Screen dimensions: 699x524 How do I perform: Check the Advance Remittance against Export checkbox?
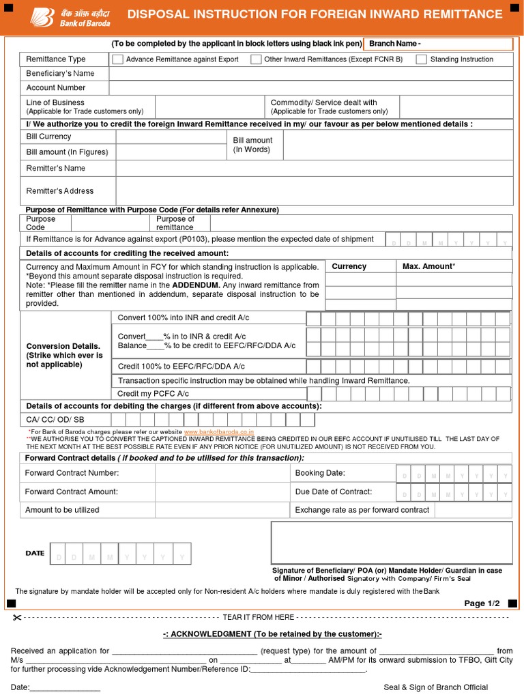point(117,59)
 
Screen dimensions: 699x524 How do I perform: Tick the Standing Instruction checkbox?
point(422,59)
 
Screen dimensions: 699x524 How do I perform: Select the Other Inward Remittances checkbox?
point(256,59)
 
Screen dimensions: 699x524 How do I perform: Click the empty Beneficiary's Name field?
point(310,73)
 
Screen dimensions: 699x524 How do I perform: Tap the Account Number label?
point(56,87)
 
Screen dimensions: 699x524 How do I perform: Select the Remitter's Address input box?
point(315,190)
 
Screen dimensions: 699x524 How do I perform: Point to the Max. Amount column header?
point(428,266)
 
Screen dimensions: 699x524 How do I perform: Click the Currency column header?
point(349,266)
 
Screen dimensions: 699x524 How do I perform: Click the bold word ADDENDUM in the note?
point(196,285)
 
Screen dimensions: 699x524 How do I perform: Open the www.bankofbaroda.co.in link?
point(218,432)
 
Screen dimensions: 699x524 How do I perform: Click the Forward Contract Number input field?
point(212,473)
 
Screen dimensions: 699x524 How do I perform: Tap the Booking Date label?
point(320,473)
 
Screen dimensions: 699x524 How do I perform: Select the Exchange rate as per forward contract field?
point(472,510)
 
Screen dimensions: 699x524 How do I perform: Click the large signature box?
point(392,542)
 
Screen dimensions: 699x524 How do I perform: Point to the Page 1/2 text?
point(482,603)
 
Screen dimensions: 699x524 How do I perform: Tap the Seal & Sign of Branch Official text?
point(435,687)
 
